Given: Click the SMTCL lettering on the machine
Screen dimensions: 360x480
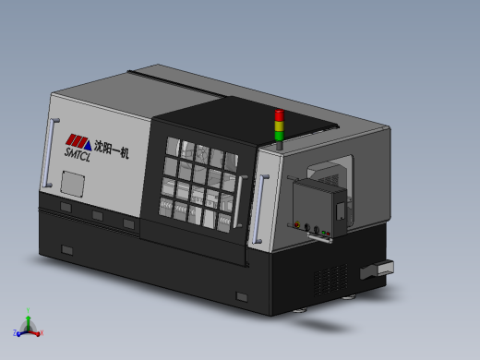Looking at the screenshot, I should click(78, 153).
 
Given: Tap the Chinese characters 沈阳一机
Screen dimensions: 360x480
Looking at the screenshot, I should click(111, 146).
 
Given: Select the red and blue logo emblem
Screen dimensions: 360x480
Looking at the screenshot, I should click(78, 139).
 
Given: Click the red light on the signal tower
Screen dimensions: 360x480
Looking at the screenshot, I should click(279, 115).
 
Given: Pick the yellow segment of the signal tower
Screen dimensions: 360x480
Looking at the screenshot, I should click(279, 126).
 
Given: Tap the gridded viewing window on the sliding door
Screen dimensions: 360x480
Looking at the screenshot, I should click(199, 183).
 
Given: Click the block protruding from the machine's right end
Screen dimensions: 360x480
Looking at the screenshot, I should click(378, 269).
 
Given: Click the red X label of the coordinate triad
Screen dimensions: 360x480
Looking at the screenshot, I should click(42, 333).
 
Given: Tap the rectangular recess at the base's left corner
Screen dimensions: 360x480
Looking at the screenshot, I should click(67, 250).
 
